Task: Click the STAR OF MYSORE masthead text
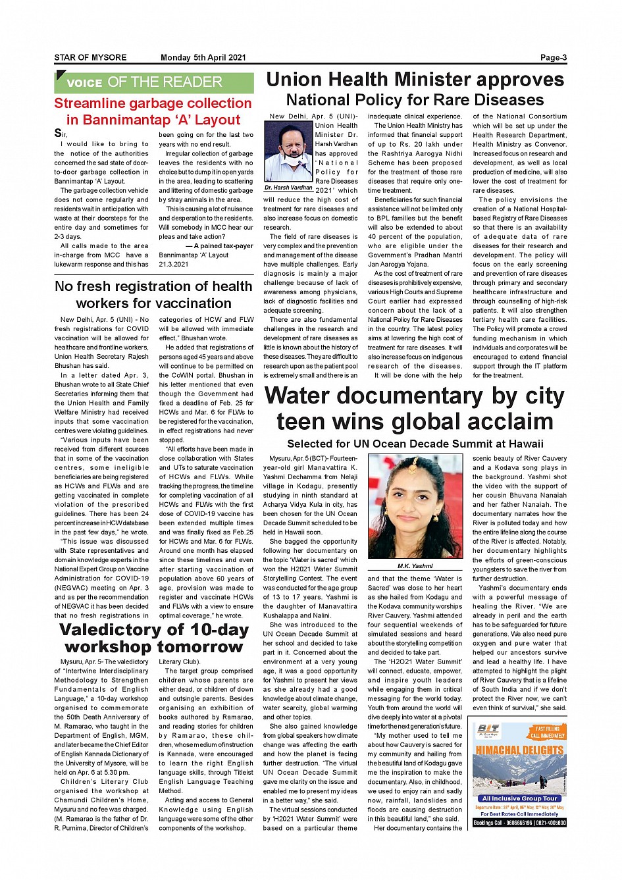point(90,58)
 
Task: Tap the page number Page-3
point(553,58)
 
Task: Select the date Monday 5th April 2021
point(203,58)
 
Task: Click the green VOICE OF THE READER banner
point(154,82)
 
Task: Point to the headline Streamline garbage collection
point(153,103)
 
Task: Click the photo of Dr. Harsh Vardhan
point(288,152)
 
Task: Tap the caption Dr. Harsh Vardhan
point(288,188)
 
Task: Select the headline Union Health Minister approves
point(415,80)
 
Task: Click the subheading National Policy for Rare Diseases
point(415,100)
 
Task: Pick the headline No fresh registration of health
point(153,286)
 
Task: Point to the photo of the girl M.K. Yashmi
point(415,507)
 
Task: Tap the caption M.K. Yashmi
point(415,566)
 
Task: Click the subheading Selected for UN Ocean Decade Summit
point(415,444)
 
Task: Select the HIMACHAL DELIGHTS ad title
point(519,750)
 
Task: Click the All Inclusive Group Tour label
point(519,798)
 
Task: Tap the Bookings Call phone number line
point(519,823)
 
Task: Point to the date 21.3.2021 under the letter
point(173,264)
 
